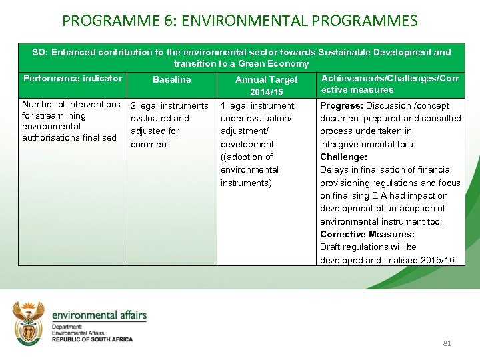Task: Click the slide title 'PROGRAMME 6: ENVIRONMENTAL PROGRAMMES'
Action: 240,21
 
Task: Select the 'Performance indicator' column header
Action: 73,79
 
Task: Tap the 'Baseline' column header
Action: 172,79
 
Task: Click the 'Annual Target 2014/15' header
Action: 267,85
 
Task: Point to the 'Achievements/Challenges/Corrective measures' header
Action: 390,84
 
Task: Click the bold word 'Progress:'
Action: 341,106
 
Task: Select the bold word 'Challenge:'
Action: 343,157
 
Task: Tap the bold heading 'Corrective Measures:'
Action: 367,235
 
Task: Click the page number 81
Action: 447,343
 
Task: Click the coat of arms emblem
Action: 29,323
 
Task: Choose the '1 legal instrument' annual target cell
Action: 257,106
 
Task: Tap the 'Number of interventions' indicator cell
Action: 71,105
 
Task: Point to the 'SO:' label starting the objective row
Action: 40,52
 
